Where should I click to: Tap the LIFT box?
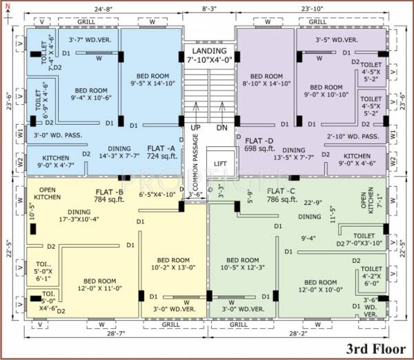(x=220, y=163)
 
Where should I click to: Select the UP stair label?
(x=196, y=128)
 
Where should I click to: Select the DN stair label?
(x=221, y=128)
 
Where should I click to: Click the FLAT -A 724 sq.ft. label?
(x=162, y=152)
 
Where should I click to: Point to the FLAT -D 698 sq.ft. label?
(x=260, y=145)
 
